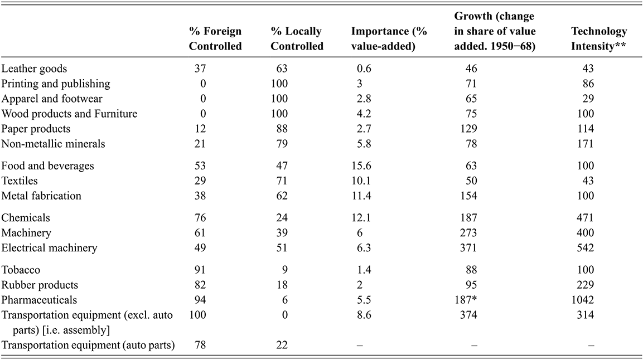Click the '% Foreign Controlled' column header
pyautogui.click(x=215, y=39)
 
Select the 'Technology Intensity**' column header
pyautogui.click(x=598, y=39)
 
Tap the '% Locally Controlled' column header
pyautogui.click(x=297, y=39)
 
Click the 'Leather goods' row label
pyautogui.click(x=35, y=69)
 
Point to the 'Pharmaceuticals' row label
pyautogui.click(x=39, y=300)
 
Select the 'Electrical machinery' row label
pyautogui.click(x=49, y=247)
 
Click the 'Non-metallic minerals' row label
pyautogui.click(x=54, y=144)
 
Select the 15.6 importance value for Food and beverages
pyautogui.click(x=364, y=166)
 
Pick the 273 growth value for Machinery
pyautogui.click(x=473, y=232)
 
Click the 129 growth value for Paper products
pyautogui.click(x=473, y=129)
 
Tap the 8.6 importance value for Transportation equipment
pyautogui.click(x=364, y=315)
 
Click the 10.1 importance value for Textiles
pyautogui.click(x=364, y=181)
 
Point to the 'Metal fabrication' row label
pyautogui.click(x=41, y=196)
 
